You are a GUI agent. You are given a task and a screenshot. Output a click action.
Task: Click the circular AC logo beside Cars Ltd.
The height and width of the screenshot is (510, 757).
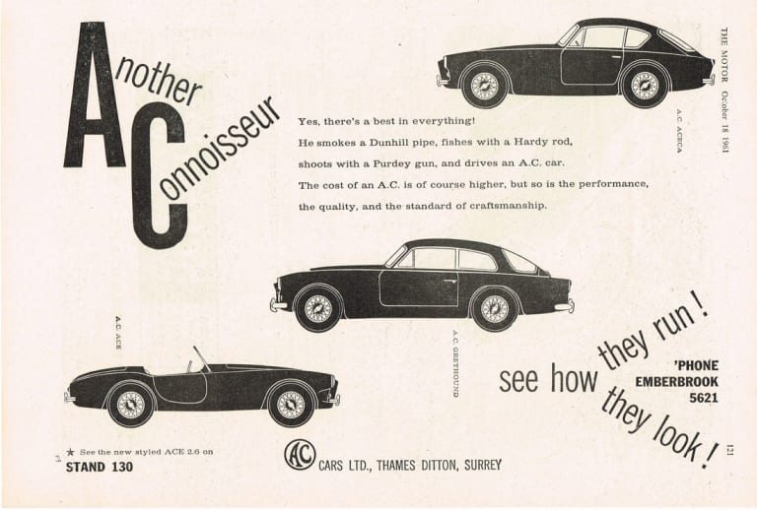tap(299, 456)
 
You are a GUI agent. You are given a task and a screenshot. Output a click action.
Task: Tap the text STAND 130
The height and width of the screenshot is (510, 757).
tap(99, 467)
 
